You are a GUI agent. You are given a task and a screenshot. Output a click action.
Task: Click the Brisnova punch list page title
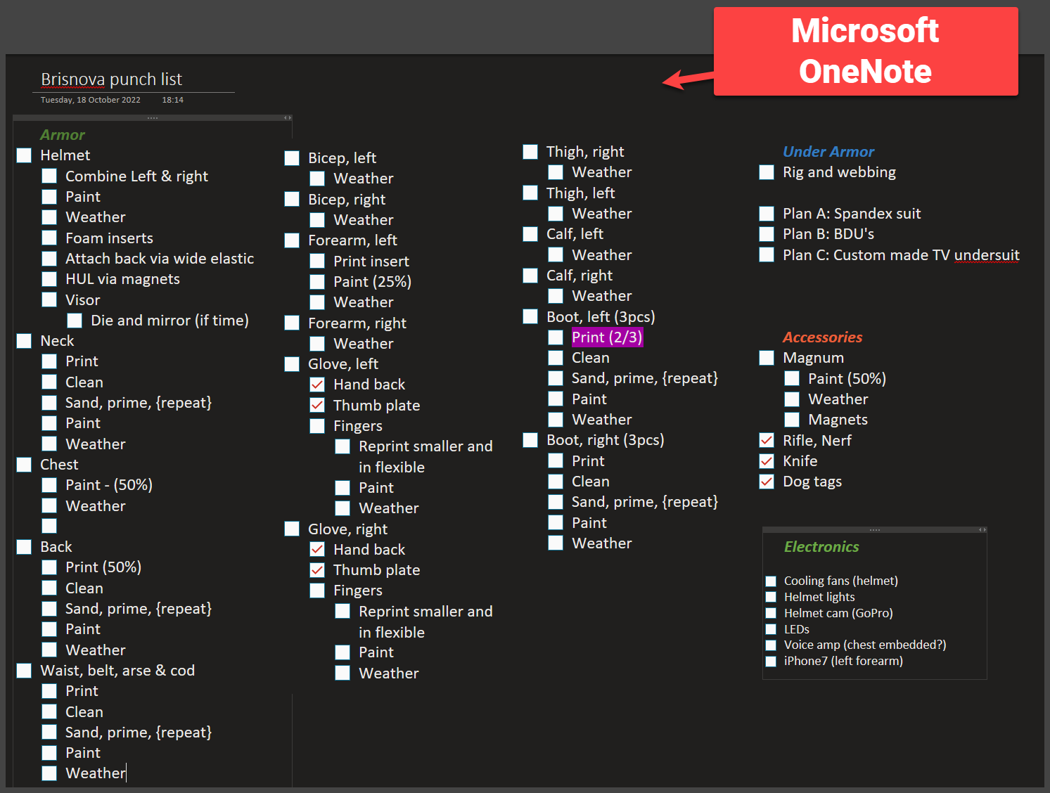[x=111, y=79]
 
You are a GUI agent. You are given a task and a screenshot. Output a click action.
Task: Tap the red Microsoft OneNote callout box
[x=865, y=51]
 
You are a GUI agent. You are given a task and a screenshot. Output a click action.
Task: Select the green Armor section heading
[x=62, y=135]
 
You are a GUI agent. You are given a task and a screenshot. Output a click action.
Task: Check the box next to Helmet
[x=24, y=155]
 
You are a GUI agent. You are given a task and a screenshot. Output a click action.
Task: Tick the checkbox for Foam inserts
[x=49, y=238]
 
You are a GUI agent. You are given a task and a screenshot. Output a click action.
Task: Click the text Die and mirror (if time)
[x=169, y=321]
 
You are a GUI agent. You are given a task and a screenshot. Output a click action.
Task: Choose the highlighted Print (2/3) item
[x=606, y=337]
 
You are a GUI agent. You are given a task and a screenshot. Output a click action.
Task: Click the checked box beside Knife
[x=767, y=461]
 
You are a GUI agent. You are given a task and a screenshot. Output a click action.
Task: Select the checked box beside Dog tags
[x=767, y=482]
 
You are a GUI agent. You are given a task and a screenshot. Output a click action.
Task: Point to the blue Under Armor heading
[x=828, y=152]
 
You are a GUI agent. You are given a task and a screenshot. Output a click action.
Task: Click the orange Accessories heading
[x=822, y=337]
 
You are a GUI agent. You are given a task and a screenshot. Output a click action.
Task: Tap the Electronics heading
[x=821, y=547]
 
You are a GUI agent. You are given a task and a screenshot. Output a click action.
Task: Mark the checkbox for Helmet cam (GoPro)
[x=771, y=613]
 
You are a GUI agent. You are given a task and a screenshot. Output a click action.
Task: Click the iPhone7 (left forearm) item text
[x=843, y=661]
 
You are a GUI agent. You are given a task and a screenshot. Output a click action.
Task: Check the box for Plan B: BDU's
[x=767, y=234]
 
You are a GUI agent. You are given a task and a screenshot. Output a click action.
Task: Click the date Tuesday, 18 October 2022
[x=90, y=100]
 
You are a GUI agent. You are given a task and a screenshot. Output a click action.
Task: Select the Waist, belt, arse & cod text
[x=117, y=671]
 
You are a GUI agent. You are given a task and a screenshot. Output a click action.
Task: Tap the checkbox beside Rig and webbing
[x=767, y=172]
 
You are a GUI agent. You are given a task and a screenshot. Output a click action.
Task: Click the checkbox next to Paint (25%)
[x=317, y=282]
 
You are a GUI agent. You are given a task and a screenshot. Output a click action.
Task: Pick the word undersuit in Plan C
[x=986, y=255]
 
